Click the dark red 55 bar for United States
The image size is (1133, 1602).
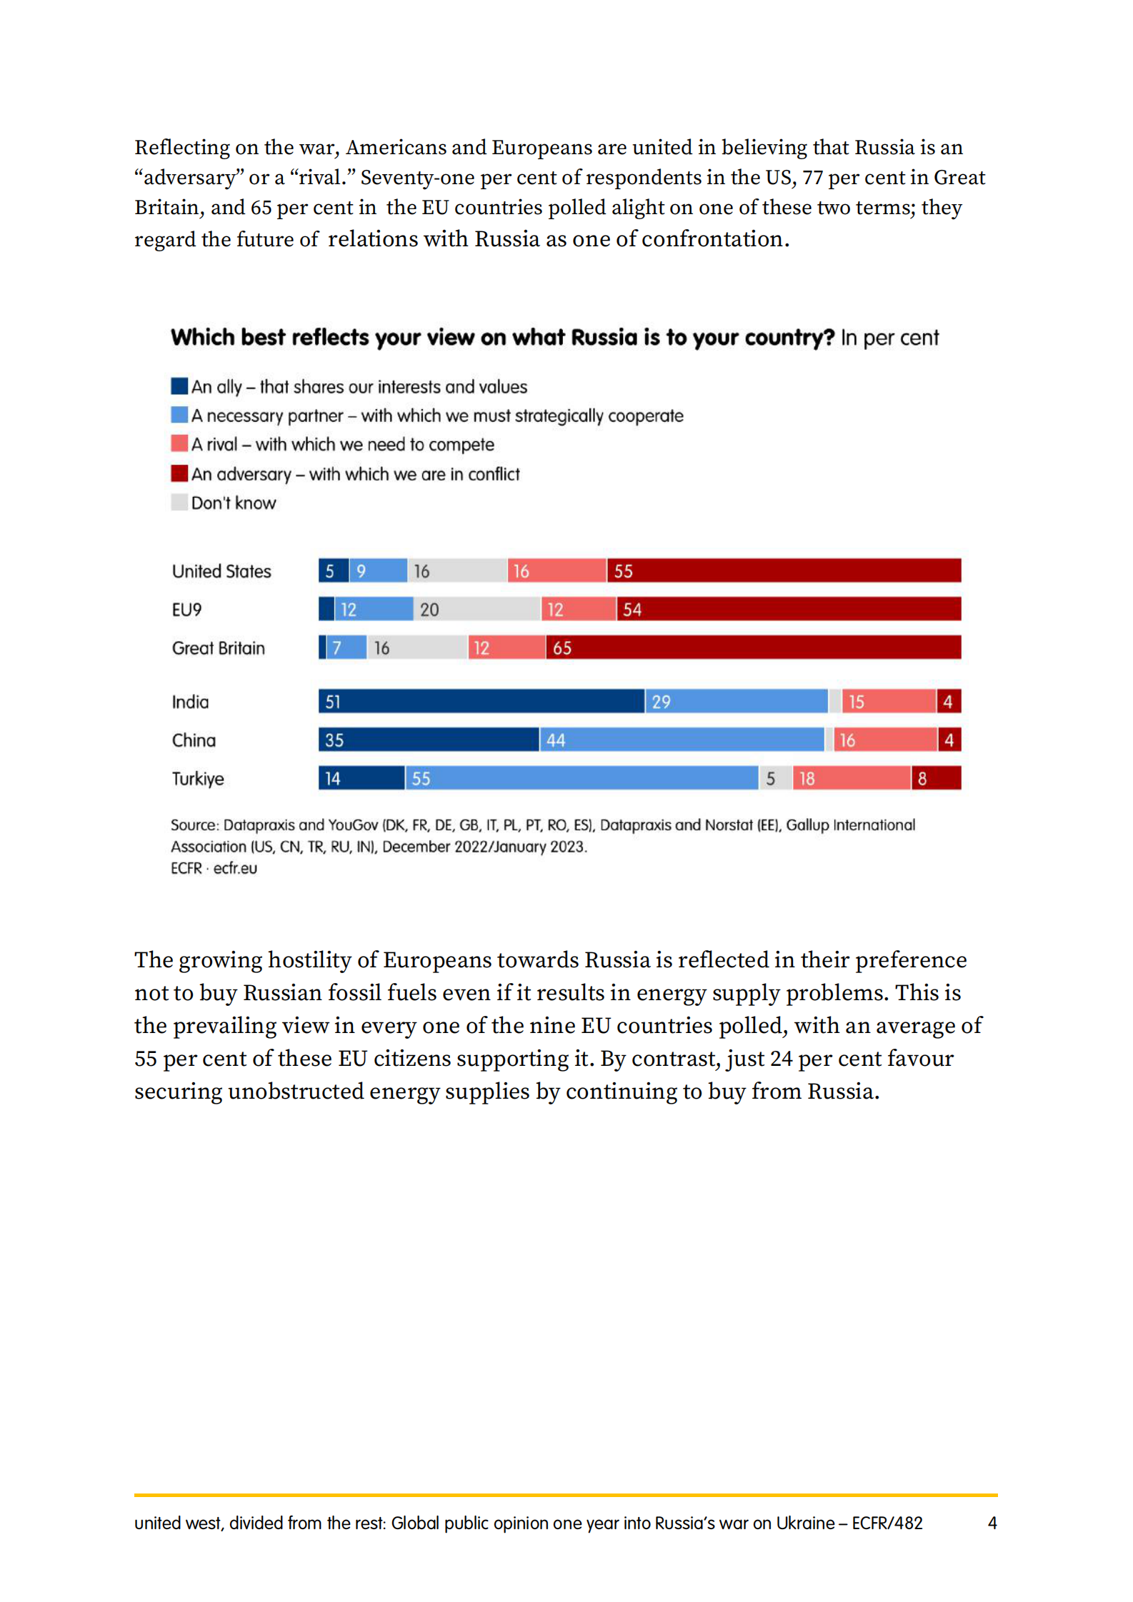pos(784,570)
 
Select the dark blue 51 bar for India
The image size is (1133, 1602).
pos(481,701)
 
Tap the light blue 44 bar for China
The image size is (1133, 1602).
pos(681,740)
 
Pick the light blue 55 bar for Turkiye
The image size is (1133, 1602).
pos(581,778)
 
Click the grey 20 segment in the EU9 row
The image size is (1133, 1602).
pos(476,609)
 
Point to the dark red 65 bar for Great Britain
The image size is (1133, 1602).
pos(753,648)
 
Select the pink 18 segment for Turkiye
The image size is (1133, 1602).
pos(851,778)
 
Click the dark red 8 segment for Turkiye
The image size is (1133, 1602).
pos(935,778)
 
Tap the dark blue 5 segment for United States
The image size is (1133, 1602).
pos(333,570)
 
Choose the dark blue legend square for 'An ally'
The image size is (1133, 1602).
pos(179,386)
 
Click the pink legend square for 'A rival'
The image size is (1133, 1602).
pos(179,444)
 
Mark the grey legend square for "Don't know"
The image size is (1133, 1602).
pos(179,503)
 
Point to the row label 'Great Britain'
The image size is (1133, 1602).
pos(218,648)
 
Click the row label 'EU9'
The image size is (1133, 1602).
pos(186,610)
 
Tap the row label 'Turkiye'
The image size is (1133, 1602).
pos(198,779)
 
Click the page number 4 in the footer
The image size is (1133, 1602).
pos(992,1523)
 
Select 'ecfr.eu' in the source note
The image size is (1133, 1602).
pos(235,868)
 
